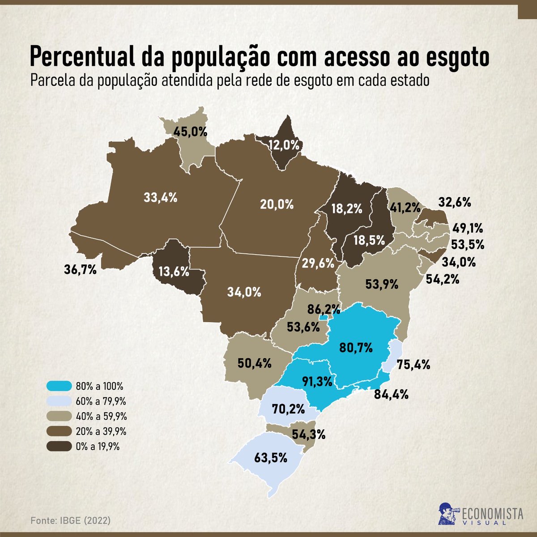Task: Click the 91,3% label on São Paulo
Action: (x=317, y=382)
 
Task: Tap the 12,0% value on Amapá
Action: (x=283, y=145)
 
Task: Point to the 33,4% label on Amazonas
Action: (x=161, y=197)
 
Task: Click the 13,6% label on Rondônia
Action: (x=171, y=272)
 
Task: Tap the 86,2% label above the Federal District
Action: (x=323, y=309)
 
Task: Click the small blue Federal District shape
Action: (x=322, y=318)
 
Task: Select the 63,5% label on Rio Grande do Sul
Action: (x=270, y=458)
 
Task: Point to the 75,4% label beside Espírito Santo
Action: (x=414, y=364)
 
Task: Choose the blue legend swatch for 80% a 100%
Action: (x=59, y=386)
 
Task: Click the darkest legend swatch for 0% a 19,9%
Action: (x=59, y=446)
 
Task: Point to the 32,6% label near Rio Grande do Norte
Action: (x=454, y=202)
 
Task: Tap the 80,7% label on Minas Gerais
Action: (x=356, y=347)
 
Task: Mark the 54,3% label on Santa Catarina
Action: (x=309, y=434)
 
